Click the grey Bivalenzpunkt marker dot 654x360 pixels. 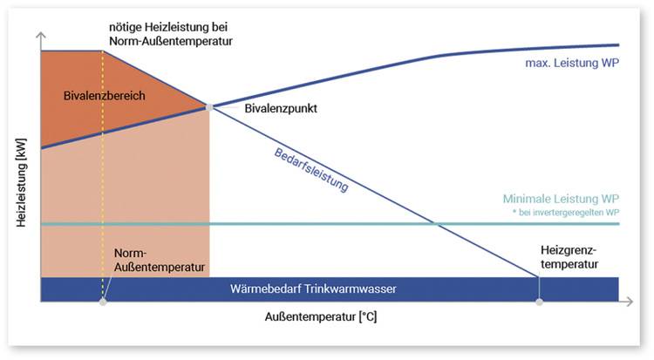click(209, 107)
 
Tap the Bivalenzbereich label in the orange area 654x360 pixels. click(105, 95)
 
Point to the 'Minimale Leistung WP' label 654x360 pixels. click(561, 199)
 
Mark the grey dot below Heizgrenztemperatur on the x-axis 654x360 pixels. click(539, 302)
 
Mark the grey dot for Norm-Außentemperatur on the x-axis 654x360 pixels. click(103, 302)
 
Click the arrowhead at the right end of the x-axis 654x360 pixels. click(628, 302)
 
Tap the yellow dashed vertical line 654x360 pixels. click(103, 174)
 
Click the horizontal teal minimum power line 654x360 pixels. click(349, 224)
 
